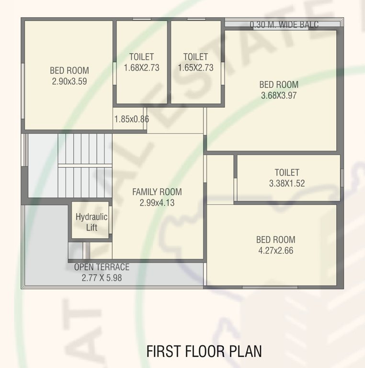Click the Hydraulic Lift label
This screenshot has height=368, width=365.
point(91,222)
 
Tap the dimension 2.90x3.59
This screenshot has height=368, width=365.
point(69,81)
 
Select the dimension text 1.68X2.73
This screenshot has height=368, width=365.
point(141,68)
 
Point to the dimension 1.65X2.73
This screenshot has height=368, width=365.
point(195,68)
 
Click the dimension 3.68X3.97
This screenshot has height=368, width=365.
point(279,95)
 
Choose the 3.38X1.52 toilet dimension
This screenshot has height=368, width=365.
point(287,183)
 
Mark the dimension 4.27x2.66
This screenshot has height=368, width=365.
point(275,250)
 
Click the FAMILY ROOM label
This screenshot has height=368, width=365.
point(157,192)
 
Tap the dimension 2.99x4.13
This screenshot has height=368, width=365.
point(157,203)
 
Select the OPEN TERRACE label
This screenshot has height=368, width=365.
point(102,267)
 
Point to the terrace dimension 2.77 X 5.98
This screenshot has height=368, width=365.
point(102,277)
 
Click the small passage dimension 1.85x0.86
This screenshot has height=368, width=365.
point(131,119)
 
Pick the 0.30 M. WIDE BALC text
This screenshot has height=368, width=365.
point(284,25)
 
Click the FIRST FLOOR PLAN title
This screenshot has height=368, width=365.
point(204,351)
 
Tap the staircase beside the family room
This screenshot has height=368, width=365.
point(85,164)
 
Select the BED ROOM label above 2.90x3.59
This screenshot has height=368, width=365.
point(69,71)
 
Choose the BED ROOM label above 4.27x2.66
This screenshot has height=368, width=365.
point(275,240)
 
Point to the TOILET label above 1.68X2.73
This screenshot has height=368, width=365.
point(141,57)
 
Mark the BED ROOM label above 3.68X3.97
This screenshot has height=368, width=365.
point(279,85)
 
